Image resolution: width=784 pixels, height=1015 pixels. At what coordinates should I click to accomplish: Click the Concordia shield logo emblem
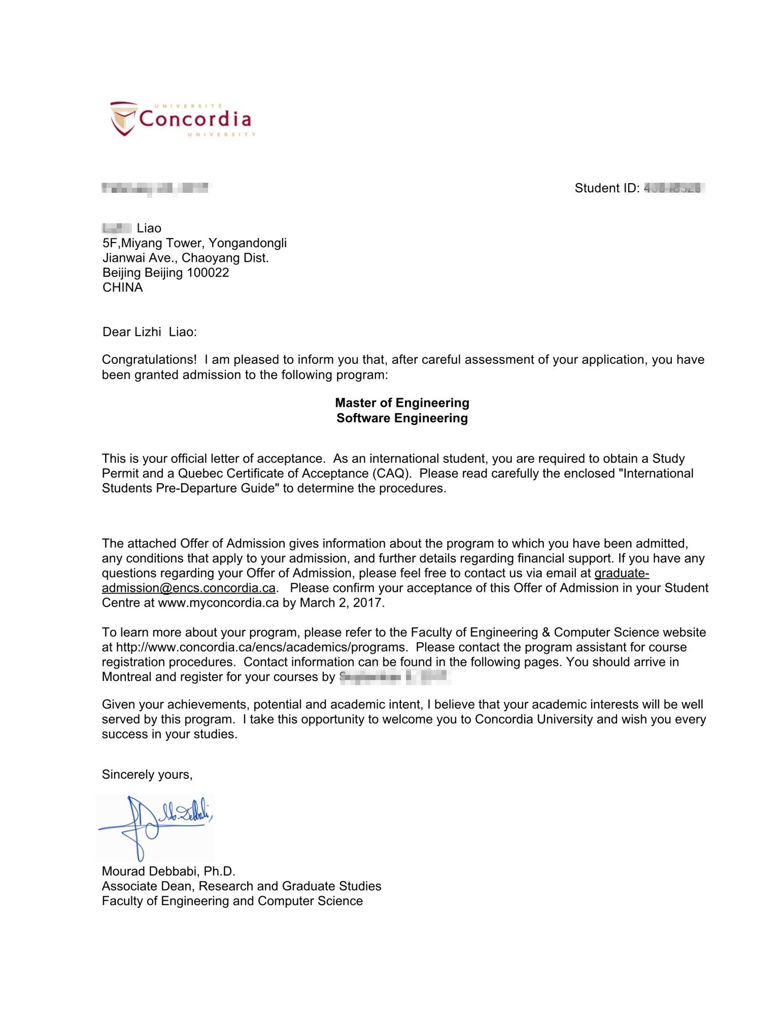(x=123, y=118)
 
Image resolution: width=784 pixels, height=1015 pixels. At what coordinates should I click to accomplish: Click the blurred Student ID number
(x=672, y=188)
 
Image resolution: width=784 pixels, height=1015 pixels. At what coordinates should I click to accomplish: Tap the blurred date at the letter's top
(x=155, y=188)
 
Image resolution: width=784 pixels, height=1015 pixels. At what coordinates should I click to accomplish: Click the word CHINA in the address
(x=123, y=287)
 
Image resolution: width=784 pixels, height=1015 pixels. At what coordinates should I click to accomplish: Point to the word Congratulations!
(x=149, y=359)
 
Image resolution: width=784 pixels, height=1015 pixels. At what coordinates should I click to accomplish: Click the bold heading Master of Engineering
(x=402, y=402)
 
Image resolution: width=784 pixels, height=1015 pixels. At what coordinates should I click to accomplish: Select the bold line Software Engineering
(x=402, y=418)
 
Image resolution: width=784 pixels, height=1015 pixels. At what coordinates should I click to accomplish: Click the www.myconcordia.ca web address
(x=218, y=602)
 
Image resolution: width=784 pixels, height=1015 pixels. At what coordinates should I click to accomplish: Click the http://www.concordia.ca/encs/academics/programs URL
(x=261, y=647)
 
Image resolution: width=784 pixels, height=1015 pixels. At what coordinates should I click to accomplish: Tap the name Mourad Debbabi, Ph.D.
(x=168, y=871)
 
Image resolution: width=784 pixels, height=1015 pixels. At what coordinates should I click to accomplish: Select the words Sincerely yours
(x=147, y=774)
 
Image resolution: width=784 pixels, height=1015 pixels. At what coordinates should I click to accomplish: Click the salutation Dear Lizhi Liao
(x=149, y=332)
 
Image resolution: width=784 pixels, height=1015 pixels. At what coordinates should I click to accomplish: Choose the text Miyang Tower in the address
(x=162, y=243)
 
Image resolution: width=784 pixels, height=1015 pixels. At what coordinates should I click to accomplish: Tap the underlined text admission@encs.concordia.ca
(x=189, y=588)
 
